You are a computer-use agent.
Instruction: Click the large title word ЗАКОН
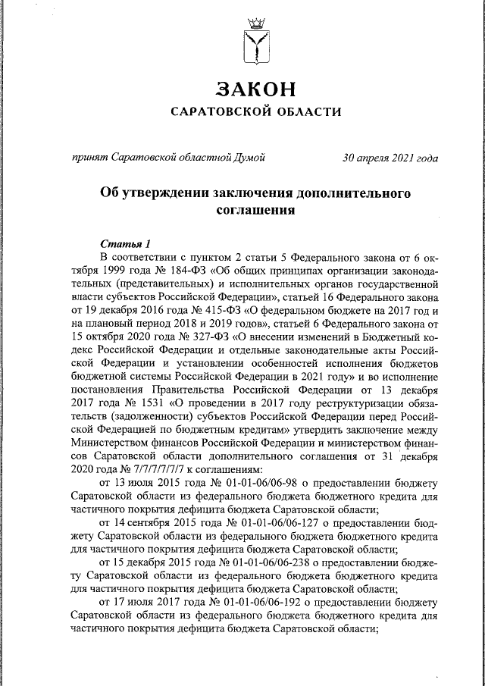255,89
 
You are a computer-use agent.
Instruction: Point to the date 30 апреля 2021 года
390,158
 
